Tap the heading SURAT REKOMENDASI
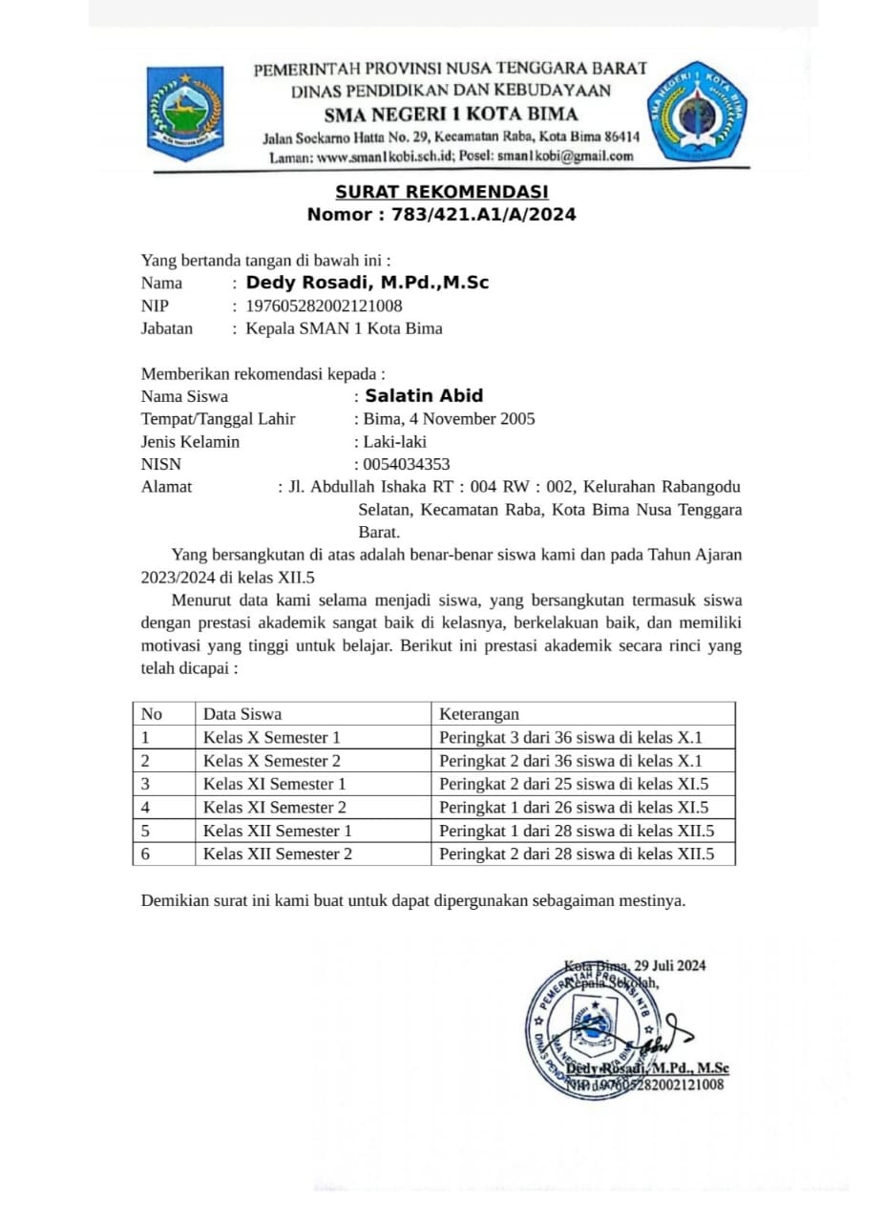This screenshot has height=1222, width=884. click(441, 192)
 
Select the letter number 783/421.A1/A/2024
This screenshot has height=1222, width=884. click(482, 215)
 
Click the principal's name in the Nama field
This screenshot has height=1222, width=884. click(368, 283)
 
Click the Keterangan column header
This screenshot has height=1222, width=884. click(479, 713)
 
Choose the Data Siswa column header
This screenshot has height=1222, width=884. click(242, 713)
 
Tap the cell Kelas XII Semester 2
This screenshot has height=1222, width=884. click(278, 853)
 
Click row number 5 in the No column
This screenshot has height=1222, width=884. click(146, 831)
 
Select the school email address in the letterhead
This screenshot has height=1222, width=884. click(573, 156)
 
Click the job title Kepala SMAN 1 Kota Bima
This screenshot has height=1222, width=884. click(344, 328)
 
